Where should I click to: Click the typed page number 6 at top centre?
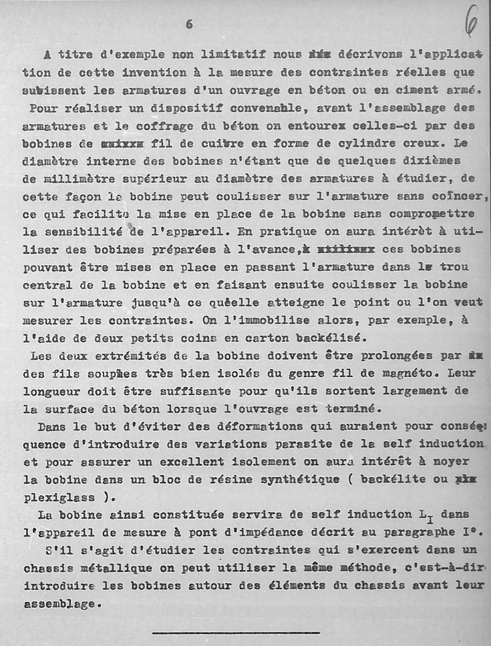[x=189, y=25]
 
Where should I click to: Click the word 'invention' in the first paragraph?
[x=141, y=71]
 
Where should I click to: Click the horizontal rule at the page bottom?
[x=235, y=632]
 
